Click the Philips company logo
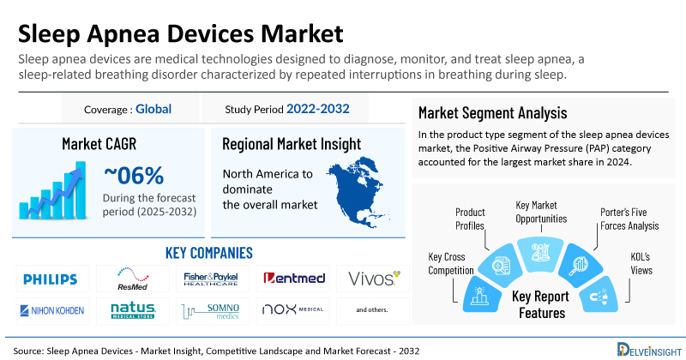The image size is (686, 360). pyautogui.click(x=50, y=279)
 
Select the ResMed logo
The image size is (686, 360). pyautogui.click(x=132, y=279)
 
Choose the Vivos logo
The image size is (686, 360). pyautogui.click(x=372, y=279)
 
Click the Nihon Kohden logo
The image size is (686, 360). pyautogui.click(x=50, y=309)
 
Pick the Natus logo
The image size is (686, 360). pyautogui.click(x=132, y=309)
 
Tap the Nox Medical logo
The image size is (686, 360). pyautogui.click(x=292, y=309)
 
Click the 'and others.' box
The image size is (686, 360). pyautogui.click(x=372, y=309)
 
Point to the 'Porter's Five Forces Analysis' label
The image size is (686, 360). pyautogui.click(x=629, y=219)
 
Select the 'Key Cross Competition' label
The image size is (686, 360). pyautogui.click(x=450, y=263)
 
